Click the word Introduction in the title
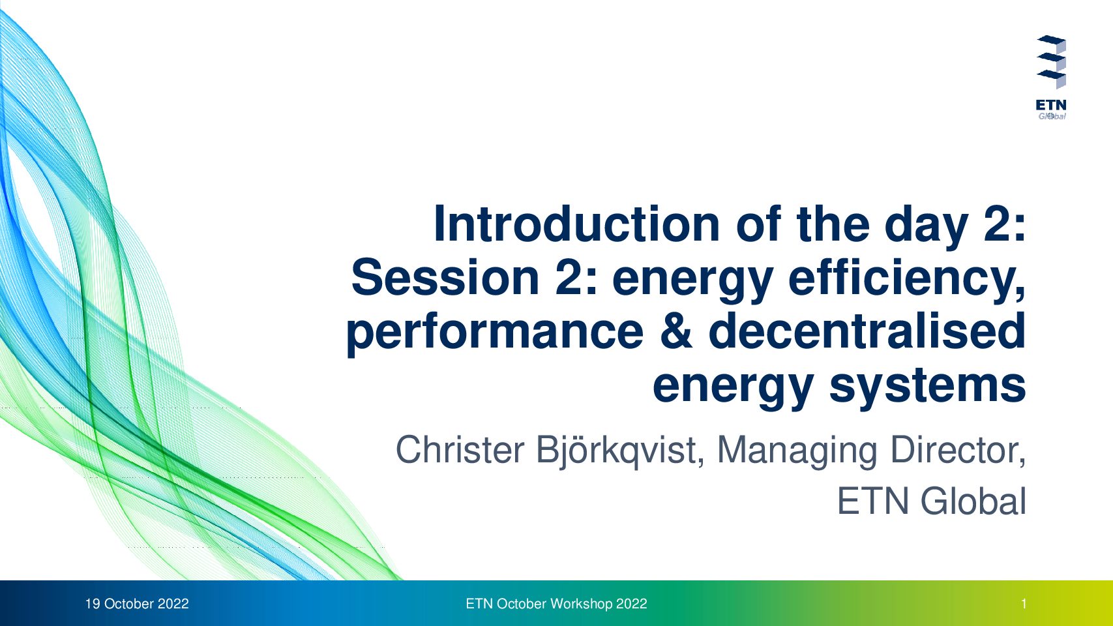pos(577,224)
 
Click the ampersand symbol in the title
pos(676,331)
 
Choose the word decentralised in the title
pos(868,331)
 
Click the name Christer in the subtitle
pos(460,450)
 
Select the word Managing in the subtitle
pos(797,452)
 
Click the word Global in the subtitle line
pos(973,501)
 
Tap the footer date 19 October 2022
pos(137,604)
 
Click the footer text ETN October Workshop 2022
pos(557,604)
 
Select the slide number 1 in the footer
pos(1024,604)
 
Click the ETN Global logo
pos(1051,78)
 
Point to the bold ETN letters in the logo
pos(1051,105)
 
